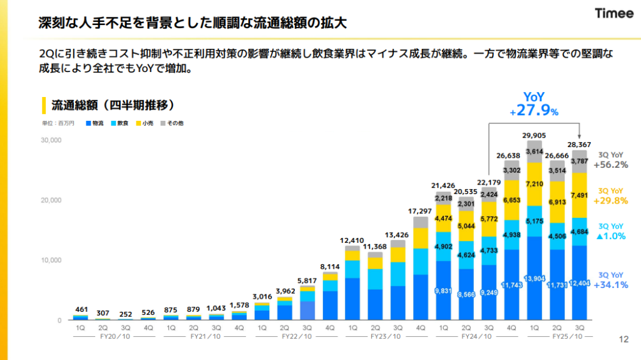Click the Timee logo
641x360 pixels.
point(613,14)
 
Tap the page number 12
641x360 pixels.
point(623,339)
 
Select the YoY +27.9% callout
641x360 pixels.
point(533,104)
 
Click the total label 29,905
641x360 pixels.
point(534,135)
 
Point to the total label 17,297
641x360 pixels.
point(421,212)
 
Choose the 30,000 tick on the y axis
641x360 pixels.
point(51,140)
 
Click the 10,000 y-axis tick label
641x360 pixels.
point(51,260)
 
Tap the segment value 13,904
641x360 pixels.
point(534,277)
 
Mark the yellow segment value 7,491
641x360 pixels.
point(580,195)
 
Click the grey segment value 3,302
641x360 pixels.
point(511,170)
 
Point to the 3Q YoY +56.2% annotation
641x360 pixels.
point(610,160)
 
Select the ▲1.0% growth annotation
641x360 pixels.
point(610,232)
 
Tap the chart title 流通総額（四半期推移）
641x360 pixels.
point(113,104)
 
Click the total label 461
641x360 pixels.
point(81,309)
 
